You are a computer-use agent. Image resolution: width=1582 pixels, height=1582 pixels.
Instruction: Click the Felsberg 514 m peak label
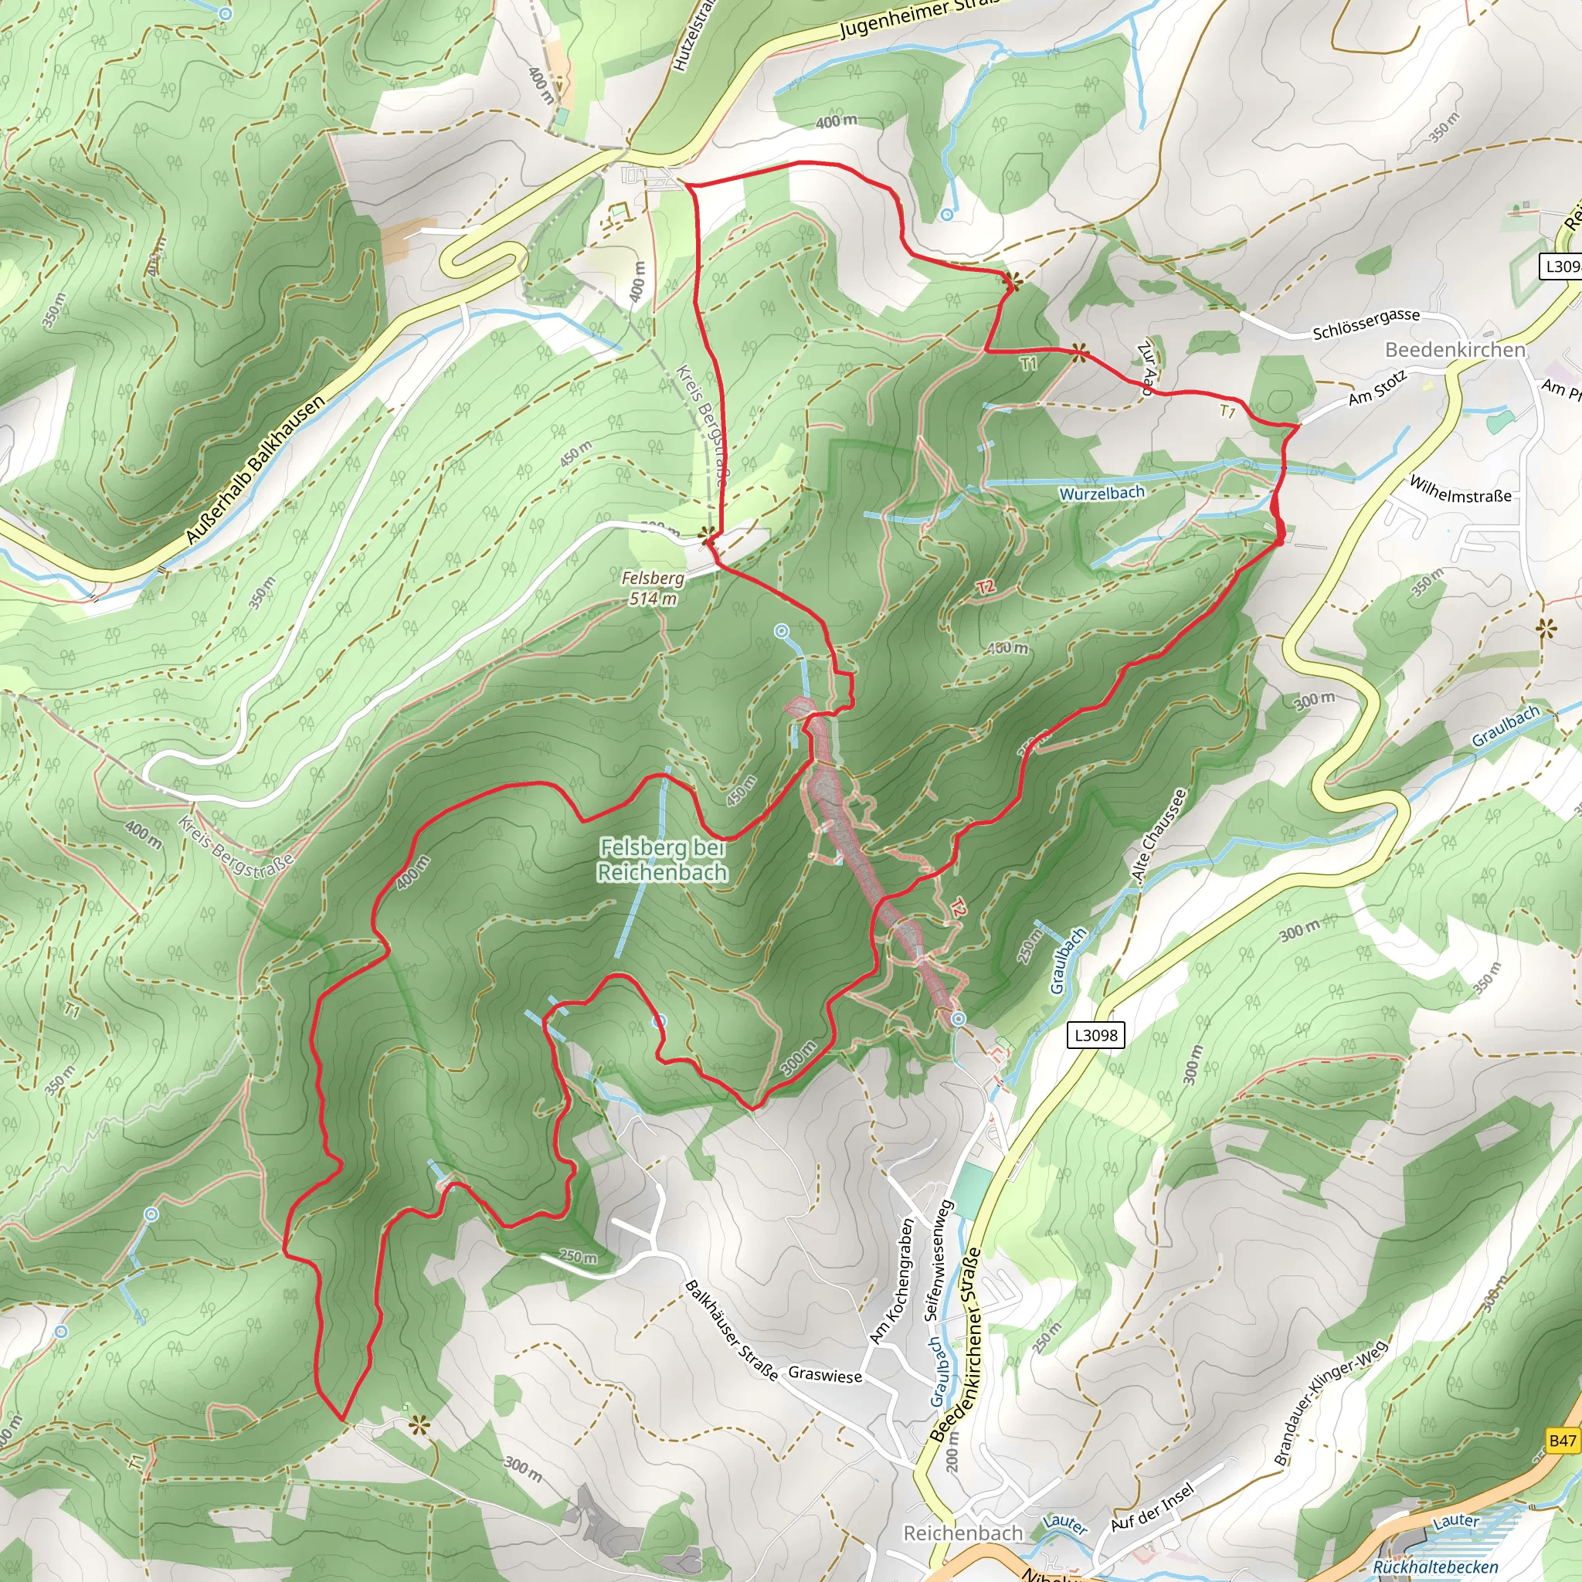tap(653, 588)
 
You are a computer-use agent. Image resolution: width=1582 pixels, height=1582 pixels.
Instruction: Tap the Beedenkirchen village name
tap(1455, 350)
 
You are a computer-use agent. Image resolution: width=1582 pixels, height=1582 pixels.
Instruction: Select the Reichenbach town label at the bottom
tap(962, 1533)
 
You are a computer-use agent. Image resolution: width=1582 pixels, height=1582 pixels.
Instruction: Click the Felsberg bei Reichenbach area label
tap(662, 860)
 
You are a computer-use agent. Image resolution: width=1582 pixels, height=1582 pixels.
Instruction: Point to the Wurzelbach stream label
tap(1102, 493)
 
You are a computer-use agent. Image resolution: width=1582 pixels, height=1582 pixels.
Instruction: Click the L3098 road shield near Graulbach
tap(1095, 1035)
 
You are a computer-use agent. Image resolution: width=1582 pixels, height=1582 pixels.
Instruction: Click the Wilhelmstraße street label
tap(1460, 489)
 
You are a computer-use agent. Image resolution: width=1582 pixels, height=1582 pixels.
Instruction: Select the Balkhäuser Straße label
tap(732, 1330)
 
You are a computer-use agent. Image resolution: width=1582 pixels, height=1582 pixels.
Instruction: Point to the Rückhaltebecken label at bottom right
tap(1434, 1567)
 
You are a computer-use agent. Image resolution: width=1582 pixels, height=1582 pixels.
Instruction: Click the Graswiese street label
tap(824, 1375)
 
